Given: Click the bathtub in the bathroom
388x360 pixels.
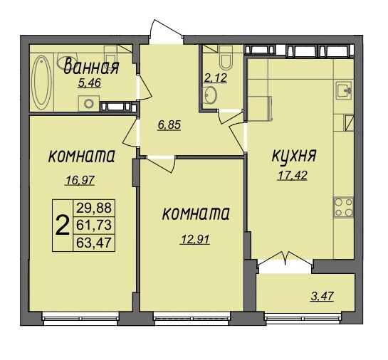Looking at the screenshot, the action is (41, 83).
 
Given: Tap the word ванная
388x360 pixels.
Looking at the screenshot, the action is (91, 67).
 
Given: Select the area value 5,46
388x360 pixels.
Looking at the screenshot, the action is (89, 83).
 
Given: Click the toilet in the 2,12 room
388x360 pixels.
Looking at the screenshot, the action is (226, 58).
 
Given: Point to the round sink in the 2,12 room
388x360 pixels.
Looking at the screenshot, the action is (211, 95).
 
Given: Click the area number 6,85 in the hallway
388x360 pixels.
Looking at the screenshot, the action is (169, 125).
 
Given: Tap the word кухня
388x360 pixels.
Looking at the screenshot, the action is (294, 157).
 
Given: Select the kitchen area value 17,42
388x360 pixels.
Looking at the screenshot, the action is (293, 176).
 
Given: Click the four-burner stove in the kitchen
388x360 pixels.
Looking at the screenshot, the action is (344, 207).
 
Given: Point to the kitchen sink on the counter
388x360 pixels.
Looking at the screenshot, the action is (344, 90).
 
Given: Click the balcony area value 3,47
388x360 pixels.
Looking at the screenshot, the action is (323, 296).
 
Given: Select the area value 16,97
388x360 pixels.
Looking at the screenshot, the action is (80, 180).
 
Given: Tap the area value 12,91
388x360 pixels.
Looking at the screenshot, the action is (195, 239).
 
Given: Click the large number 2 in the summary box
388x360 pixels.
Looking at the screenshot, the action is (62, 225).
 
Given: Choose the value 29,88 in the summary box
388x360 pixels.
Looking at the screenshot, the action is (94, 208).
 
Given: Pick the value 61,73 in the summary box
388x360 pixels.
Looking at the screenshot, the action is (94, 225).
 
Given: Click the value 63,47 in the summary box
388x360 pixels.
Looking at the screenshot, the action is (94, 243).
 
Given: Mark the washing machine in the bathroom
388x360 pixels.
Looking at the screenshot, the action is (89, 103).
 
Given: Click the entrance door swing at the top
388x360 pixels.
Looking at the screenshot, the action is (167, 31).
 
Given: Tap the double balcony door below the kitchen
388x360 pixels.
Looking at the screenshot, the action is (285, 260).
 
